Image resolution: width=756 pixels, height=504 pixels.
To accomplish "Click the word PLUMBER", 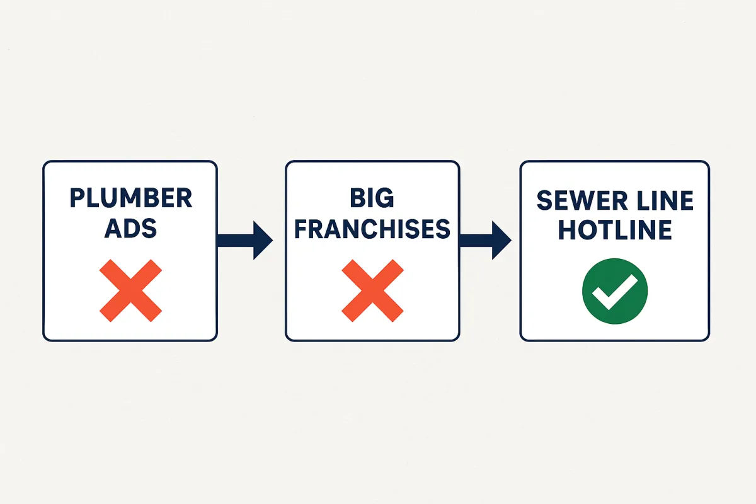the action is point(131,198).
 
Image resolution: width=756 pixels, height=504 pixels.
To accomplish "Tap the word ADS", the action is point(130,229).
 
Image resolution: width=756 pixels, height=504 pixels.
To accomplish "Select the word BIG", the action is point(372,198).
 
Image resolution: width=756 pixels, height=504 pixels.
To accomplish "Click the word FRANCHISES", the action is point(372,229).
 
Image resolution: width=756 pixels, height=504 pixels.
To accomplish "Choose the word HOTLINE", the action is point(615,230).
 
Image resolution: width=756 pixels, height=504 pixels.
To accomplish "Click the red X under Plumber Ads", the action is point(130,290).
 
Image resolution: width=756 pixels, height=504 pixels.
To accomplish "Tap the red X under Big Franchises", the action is point(372,290).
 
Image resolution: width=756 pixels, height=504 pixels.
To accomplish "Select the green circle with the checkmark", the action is point(615,291).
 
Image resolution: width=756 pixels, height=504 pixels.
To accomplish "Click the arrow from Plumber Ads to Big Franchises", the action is point(244,241).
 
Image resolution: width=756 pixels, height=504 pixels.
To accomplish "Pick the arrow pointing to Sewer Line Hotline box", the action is point(485,241).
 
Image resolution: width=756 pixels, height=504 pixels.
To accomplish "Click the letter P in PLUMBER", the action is point(77,198).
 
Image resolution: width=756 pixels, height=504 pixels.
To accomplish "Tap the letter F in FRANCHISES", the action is point(301,229).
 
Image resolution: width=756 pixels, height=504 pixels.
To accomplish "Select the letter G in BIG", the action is point(385,198).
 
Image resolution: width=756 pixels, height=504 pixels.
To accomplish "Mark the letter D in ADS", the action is point(130,229).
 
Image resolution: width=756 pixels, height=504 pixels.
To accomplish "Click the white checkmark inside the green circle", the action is point(615,292).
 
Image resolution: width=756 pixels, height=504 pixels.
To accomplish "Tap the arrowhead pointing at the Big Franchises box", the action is point(263,241).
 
